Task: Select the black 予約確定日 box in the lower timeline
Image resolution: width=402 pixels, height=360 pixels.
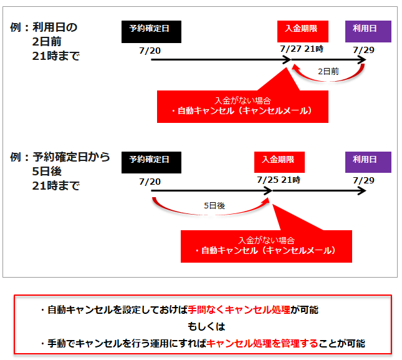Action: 151,162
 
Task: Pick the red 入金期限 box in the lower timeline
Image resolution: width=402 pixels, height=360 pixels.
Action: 279,162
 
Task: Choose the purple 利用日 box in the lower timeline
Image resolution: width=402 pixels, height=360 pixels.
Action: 368,162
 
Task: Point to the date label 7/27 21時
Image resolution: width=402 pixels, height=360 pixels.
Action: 302,49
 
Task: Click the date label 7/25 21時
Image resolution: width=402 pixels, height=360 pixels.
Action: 279,180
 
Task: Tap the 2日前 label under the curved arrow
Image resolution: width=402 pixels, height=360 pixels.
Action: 328,72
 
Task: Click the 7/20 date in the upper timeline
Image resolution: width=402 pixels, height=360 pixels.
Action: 151,49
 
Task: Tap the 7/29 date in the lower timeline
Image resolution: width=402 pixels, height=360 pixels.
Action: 363,180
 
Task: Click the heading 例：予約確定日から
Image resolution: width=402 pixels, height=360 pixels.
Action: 60,157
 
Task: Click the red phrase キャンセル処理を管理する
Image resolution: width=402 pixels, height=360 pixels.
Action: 262,343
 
